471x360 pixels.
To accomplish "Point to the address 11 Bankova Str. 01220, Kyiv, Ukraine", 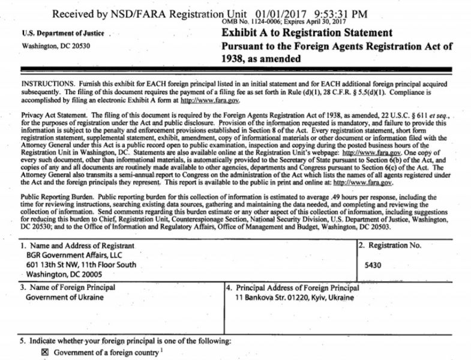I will (x=295, y=298).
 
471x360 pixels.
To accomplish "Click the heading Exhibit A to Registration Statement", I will (x=307, y=33).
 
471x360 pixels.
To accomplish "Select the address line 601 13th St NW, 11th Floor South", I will (x=80, y=265).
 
